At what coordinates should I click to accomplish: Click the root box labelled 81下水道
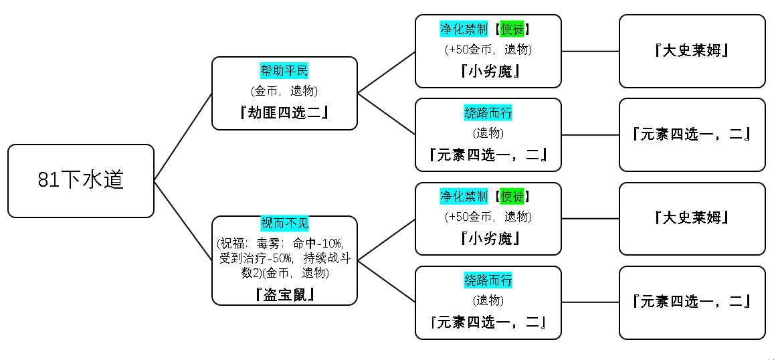(81, 181)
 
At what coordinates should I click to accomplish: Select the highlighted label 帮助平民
(284, 71)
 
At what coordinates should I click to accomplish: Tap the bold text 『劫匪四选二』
(284, 112)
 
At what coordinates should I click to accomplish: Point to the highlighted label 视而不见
(284, 223)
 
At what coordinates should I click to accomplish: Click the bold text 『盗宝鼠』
(284, 294)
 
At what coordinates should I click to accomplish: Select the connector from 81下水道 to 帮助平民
(183, 137)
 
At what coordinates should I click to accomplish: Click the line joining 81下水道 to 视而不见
(183, 221)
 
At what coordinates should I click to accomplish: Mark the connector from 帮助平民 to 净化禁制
(387, 72)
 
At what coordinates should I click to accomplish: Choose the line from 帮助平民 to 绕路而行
(387, 114)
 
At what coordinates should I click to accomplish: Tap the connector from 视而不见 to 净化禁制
(387, 240)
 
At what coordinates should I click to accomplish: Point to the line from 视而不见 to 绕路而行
(387, 281)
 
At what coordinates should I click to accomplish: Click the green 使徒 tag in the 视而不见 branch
(512, 197)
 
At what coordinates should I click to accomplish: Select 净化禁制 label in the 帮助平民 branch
(464, 29)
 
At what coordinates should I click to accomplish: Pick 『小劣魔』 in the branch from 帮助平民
(488, 72)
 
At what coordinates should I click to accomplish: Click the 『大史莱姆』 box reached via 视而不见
(692, 218)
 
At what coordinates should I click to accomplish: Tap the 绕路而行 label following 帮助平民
(488, 113)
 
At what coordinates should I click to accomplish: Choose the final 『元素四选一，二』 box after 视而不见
(692, 302)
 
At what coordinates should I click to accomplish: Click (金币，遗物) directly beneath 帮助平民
(284, 91)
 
